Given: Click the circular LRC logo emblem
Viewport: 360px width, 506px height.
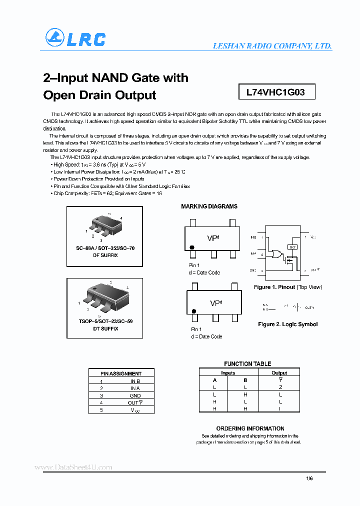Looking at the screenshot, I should tap(54, 38).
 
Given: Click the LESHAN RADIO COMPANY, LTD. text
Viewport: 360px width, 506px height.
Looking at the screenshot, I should tap(272, 45).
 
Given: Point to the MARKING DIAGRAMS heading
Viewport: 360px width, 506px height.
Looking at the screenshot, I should tap(209, 206).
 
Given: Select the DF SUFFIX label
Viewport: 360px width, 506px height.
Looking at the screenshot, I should tap(105, 255).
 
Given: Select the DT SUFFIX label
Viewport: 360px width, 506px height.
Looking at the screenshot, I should tap(105, 328).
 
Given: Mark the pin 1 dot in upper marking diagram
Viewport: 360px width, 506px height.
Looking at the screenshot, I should tap(191, 247).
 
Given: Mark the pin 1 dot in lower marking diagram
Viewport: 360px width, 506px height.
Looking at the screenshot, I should tap(193, 311).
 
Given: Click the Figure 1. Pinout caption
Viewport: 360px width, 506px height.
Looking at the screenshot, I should tap(287, 287).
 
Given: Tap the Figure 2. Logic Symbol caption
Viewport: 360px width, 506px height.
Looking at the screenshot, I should tap(287, 324).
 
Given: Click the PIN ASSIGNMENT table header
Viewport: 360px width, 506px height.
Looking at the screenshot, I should tap(121, 373).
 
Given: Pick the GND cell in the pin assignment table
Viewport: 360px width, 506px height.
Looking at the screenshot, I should tap(135, 395).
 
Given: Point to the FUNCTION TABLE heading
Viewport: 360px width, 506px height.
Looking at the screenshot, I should tap(247, 364).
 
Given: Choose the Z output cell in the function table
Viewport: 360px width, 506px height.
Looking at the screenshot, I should tap(280, 387).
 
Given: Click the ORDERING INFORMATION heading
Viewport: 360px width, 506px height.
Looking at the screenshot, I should tap(250, 428).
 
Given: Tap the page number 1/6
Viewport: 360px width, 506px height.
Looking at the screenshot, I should tap(309, 478).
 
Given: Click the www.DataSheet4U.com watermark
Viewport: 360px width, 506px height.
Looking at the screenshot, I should tap(73, 467).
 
